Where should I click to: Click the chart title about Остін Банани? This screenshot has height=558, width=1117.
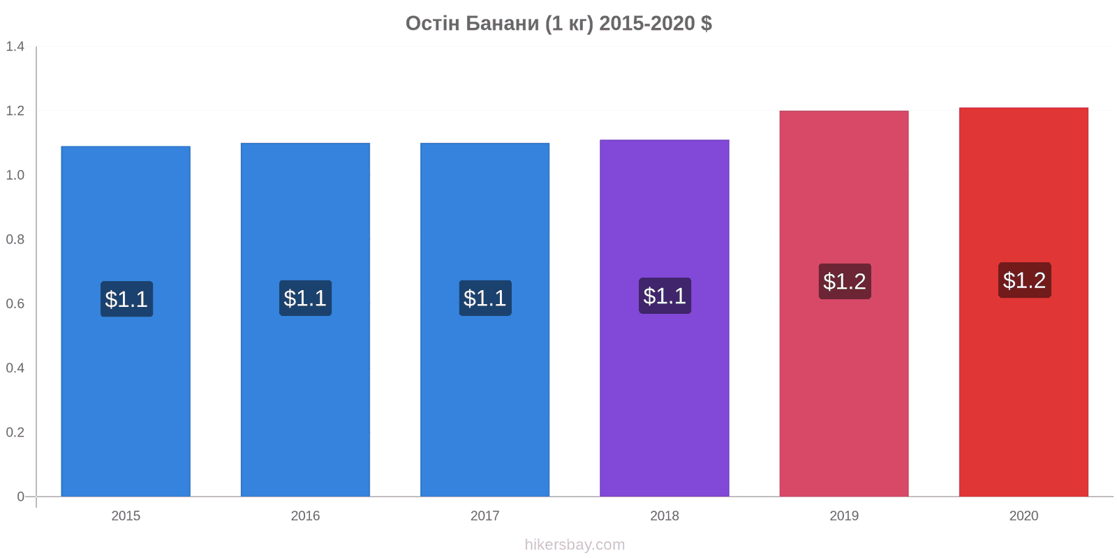pyautogui.click(x=558, y=24)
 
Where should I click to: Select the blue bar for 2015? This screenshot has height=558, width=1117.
pyautogui.click(x=126, y=322)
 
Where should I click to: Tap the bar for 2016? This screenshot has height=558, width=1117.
pyautogui.click(x=305, y=320)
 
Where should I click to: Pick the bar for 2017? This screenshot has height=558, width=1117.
pyautogui.click(x=484, y=320)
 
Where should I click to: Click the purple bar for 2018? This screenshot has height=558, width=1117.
pyautogui.click(x=664, y=318)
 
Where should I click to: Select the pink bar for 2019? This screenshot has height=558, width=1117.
pyautogui.click(x=844, y=304)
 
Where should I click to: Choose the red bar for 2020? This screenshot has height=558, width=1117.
pyautogui.click(x=1023, y=302)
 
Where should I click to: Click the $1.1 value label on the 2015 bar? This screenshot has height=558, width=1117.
pyautogui.click(x=126, y=299)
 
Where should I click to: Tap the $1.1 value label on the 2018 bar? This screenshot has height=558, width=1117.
pyautogui.click(x=665, y=296)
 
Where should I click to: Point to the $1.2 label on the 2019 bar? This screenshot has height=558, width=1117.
pyautogui.click(x=845, y=282)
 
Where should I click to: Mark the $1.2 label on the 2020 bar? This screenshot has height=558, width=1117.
pyautogui.click(x=1025, y=280)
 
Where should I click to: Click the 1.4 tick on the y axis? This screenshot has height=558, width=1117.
pyautogui.click(x=15, y=47)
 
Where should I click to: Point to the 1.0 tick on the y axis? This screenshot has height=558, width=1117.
pyautogui.click(x=15, y=175)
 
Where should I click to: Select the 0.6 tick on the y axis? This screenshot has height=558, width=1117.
pyautogui.click(x=15, y=304)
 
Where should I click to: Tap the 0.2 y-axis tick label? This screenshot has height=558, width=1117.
pyautogui.click(x=15, y=432)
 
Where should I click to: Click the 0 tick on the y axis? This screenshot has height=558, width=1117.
pyautogui.click(x=20, y=497)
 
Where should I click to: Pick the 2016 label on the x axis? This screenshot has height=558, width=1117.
pyautogui.click(x=305, y=515)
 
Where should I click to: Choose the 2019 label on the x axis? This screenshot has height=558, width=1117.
pyautogui.click(x=844, y=515)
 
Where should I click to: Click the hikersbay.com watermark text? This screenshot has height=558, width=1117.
pyautogui.click(x=575, y=545)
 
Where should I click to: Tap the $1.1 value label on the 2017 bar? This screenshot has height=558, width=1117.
pyautogui.click(x=485, y=298)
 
